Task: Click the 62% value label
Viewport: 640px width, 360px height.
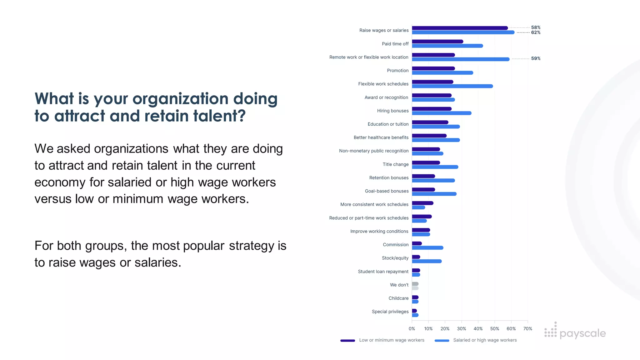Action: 536,32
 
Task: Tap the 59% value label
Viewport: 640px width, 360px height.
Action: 536,58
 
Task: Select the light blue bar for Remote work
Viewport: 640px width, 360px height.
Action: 461,59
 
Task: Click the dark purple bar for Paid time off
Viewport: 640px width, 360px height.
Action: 437,42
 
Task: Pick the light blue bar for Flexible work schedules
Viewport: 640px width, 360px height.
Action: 452,86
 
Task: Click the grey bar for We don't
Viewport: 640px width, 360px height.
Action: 415,284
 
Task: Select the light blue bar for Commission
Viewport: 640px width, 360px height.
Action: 427,248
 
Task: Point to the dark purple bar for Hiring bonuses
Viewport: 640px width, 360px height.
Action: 432,109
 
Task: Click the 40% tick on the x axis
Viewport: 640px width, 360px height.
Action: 478,329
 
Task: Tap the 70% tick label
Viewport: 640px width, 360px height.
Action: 527,329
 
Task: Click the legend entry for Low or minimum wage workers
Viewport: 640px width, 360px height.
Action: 391,340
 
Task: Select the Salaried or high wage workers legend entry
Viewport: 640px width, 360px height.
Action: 485,340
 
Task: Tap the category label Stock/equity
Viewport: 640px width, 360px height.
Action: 395,258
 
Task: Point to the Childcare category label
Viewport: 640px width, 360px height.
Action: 398,298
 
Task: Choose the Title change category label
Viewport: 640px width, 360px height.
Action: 395,164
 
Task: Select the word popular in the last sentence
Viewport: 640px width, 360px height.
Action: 204,246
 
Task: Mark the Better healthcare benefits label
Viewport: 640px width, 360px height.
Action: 381,137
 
